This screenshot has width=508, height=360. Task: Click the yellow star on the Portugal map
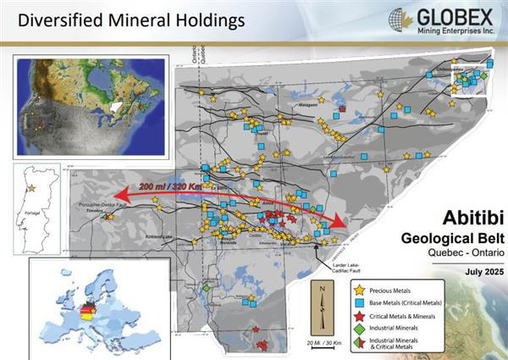[x=31, y=186]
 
